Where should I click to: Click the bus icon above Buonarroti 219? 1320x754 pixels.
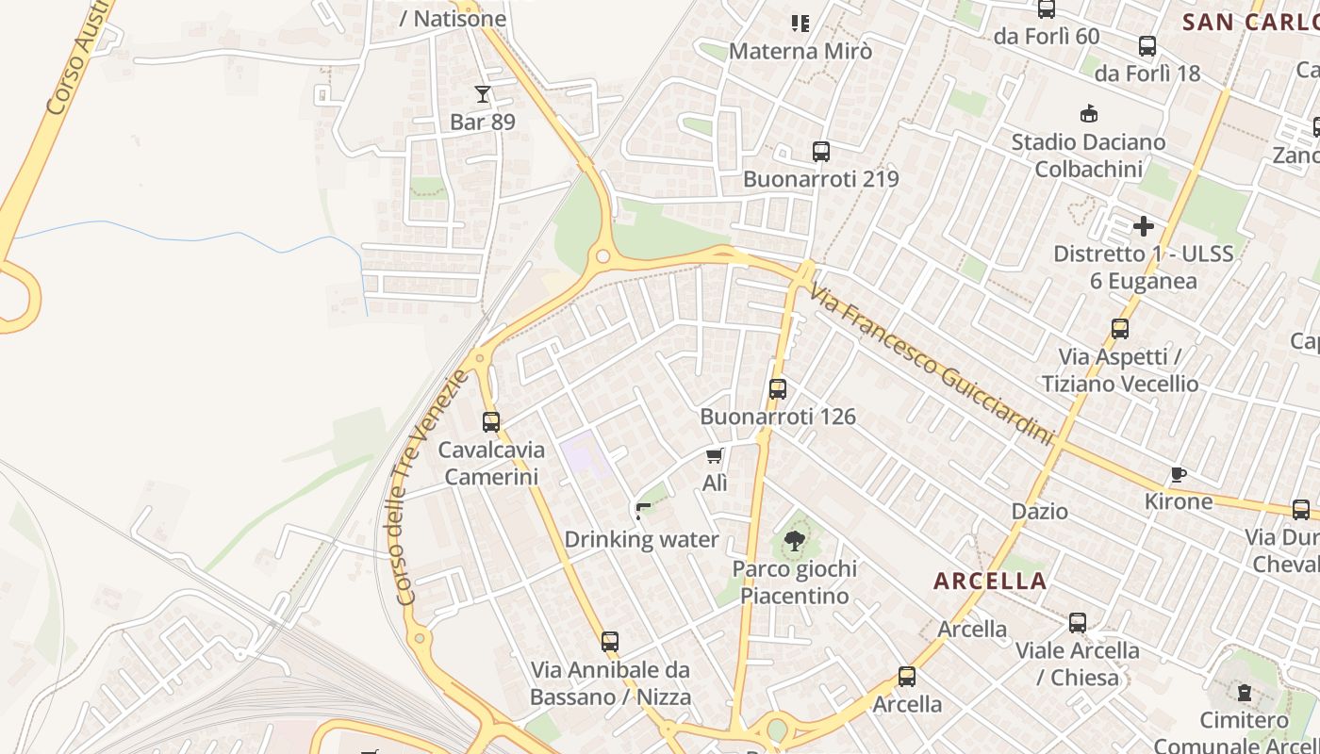(x=820, y=151)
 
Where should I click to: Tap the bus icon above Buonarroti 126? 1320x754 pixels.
(x=778, y=388)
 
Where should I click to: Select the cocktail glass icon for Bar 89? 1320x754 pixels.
(x=483, y=93)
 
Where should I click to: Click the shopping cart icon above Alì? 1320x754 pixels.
(x=715, y=456)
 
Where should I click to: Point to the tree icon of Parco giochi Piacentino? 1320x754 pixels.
(x=794, y=541)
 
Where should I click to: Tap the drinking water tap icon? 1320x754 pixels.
(x=643, y=512)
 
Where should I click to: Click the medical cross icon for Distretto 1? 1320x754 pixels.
(x=1144, y=226)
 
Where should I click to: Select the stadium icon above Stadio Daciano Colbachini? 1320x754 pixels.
(x=1089, y=114)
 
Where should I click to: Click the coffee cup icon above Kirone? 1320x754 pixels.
(x=1178, y=474)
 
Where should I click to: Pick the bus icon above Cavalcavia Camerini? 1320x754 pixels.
(x=490, y=422)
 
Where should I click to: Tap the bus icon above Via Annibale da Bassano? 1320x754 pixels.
(x=610, y=642)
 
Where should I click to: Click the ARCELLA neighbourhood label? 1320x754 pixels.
(x=990, y=581)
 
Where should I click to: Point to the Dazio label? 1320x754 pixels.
(x=1040, y=512)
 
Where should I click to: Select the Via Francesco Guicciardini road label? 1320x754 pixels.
(x=932, y=367)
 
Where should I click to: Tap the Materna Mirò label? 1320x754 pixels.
(x=800, y=51)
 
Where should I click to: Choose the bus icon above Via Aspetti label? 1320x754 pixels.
(x=1120, y=329)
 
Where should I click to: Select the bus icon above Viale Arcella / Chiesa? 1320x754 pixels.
(x=1078, y=623)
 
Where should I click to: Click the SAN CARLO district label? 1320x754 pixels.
(x=1250, y=23)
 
